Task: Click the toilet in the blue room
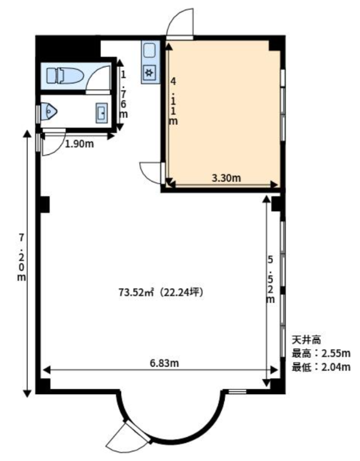click(65, 75)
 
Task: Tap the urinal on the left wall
click(48, 111)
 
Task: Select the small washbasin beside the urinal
click(102, 113)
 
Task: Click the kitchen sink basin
click(149, 50)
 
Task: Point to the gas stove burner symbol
click(149, 73)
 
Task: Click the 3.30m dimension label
click(226, 178)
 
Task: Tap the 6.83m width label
click(164, 363)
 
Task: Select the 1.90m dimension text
click(79, 144)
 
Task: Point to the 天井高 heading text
click(306, 340)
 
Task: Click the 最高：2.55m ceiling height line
click(321, 353)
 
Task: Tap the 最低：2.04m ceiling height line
click(321, 367)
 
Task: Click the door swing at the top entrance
click(180, 22)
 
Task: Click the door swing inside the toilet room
click(98, 78)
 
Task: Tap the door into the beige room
click(151, 173)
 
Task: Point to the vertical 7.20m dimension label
click(21, 257)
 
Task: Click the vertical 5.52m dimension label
click(270, 279)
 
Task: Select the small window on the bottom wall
click(237, 391)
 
